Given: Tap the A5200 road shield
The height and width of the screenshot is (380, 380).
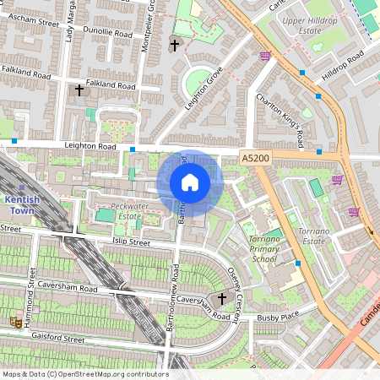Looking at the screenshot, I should (x=254, y=158).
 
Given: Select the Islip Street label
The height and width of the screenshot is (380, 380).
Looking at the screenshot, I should (x=125, y=242).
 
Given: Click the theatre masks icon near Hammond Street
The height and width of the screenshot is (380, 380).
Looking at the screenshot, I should (x=14, y=322).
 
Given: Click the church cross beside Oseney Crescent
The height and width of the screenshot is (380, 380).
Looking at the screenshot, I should (x=222, y=298).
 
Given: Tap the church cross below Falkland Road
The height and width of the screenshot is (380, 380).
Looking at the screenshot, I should (x=79, y=89).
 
